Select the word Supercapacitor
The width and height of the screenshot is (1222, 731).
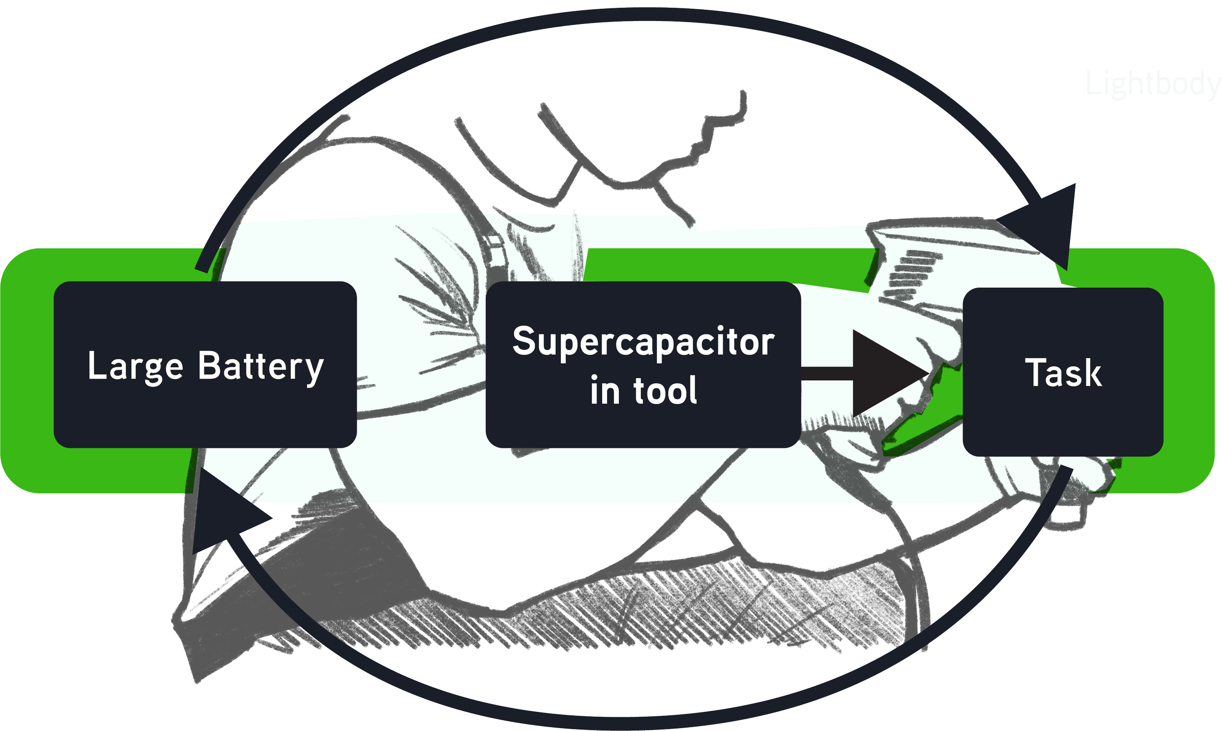[643, 342]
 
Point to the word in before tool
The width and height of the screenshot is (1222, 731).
[605, 390]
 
